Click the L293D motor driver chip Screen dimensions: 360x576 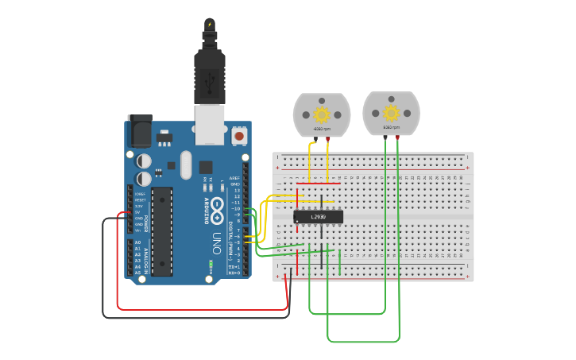[318, 216]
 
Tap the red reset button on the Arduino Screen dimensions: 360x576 [239, 137]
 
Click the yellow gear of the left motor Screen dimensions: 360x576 [322, 113]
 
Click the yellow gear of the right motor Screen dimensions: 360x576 [391, 112]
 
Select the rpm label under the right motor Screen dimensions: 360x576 [391, 127]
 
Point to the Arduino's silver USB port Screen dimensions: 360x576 [210, 126]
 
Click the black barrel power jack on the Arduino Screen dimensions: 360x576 [139, 131]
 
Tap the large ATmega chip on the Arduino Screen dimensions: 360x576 [162, 231]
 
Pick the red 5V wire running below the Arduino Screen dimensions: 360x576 [199, 308]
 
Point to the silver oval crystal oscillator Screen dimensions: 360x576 [186, 165]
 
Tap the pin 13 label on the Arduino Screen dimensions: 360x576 [236, 191]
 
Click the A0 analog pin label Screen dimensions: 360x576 [137, 242]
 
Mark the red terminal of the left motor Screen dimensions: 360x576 [328, 139]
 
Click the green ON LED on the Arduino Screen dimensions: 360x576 [211, 263]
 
